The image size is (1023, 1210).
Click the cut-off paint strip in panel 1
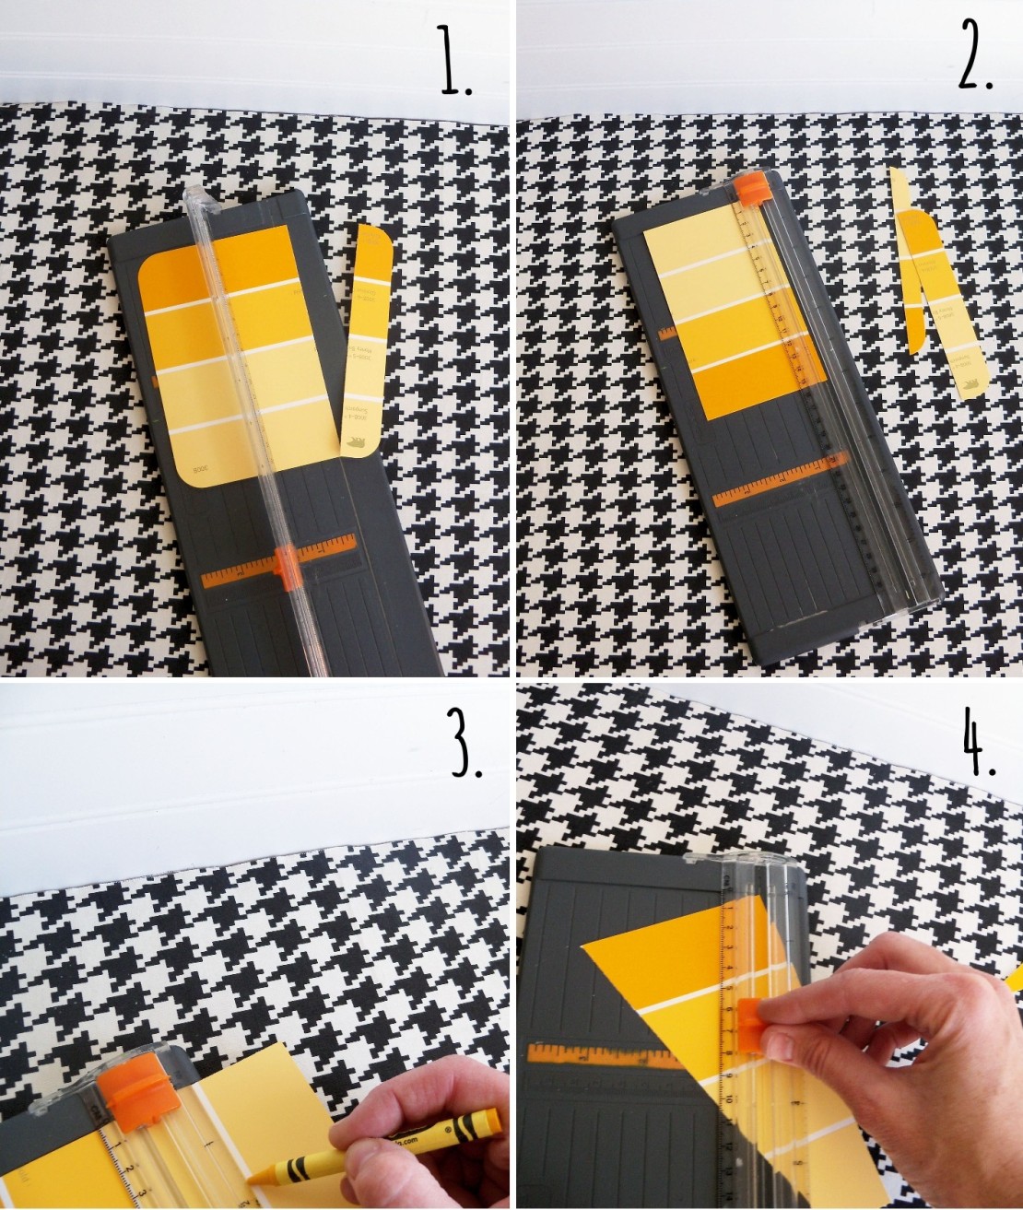(367, 341)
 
